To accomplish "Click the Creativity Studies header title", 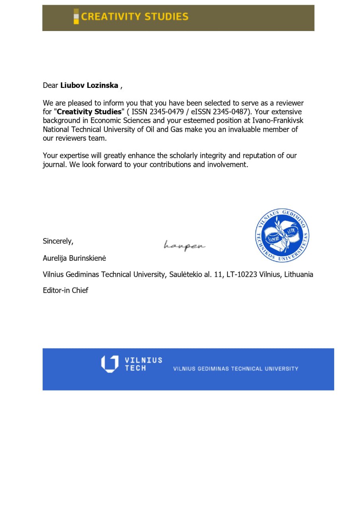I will (x=134, y=17).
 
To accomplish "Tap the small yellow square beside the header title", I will (x=76, y=17).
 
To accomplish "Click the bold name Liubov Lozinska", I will (x=89, y=85).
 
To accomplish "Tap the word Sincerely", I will (x=58, y=241).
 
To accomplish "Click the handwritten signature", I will (x=185, y=245).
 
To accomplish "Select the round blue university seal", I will (x=282, y=235).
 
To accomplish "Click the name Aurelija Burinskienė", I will (x=74, y=258).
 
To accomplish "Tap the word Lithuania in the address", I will (x=298, y=274).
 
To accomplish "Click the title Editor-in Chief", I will (x=66, y=290).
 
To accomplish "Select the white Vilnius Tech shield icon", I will (x=109, y=364).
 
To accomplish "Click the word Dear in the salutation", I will (x=51, y=85).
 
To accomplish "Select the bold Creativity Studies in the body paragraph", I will (x=89, y=112).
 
